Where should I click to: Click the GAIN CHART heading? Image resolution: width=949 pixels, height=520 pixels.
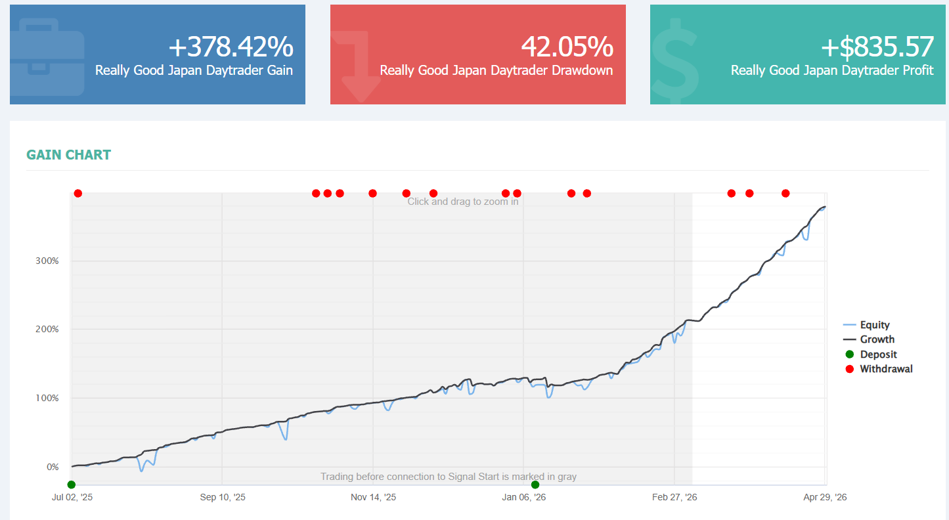69,155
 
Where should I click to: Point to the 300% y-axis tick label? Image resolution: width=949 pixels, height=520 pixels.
47,261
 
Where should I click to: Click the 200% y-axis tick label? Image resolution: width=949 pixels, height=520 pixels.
47,329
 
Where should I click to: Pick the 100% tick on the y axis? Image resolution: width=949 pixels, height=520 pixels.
47,398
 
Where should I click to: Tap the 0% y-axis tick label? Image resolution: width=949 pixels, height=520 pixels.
53,467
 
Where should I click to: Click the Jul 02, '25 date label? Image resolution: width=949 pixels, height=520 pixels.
72,497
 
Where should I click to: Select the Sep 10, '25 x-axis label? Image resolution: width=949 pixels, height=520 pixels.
223,497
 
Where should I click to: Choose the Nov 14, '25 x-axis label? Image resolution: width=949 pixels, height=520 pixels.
373,497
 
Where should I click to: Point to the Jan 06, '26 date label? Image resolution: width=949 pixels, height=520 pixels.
523,497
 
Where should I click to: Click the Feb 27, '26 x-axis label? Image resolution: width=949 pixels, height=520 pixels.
674,497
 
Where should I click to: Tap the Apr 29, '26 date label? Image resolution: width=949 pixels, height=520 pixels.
825,497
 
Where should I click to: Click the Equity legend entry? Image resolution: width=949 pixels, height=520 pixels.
866,325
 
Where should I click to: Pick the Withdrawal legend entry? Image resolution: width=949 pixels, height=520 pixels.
879,369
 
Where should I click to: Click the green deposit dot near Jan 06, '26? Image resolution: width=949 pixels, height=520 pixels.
535,485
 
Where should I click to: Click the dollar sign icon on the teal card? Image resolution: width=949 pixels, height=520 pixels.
675,60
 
